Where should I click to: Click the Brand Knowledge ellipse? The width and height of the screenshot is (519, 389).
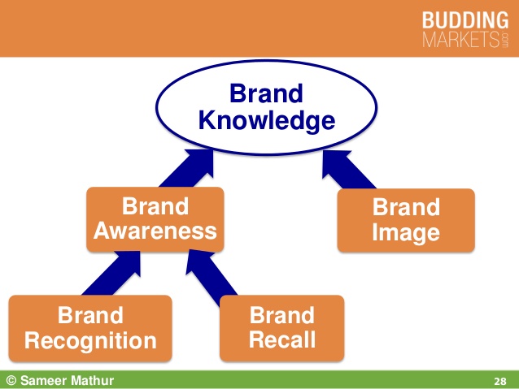267,107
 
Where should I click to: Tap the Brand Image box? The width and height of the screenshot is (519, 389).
405,219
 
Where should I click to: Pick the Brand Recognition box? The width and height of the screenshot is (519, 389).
90,327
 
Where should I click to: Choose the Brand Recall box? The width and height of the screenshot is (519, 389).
281,327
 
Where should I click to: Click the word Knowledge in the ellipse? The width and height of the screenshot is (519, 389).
267,122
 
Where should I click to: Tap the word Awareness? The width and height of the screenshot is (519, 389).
155,231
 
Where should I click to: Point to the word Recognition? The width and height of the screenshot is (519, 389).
90,340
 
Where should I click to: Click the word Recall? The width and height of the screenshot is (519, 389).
281,340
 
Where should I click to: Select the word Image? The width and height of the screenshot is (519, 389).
405,234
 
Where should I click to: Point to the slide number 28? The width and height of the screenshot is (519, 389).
500,381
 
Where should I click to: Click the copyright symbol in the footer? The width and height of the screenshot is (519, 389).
11,380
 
